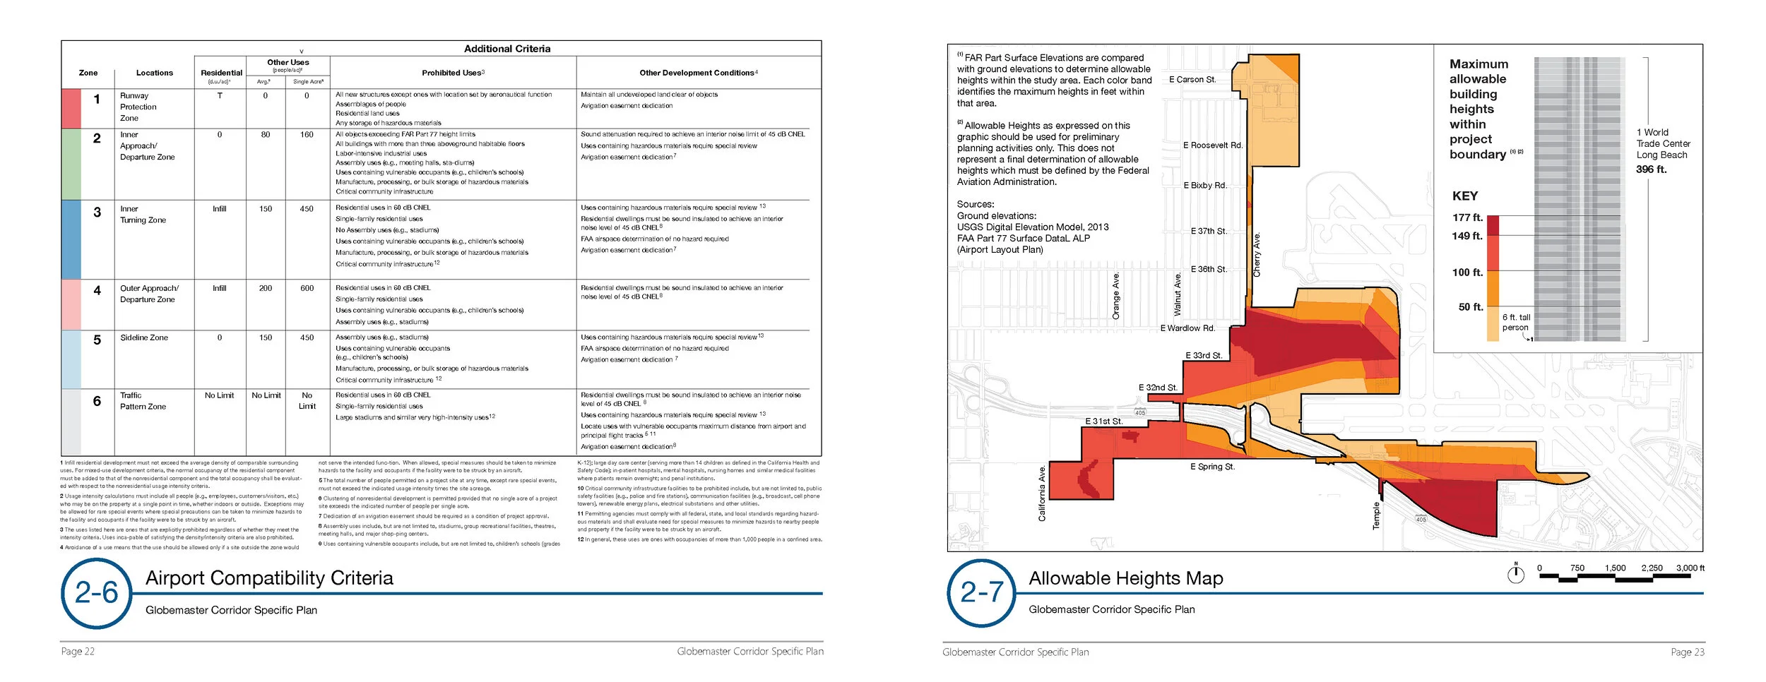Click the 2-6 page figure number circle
[x=96, y=593]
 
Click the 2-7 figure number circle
[x=982, y=592]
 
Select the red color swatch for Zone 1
[x=71, y=108]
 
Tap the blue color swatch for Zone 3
[x=71, y=239]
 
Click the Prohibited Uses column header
[x=453, y=73]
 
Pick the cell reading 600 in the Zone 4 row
[x=307, y=288]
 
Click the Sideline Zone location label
[x=144, y=337]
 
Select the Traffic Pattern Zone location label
[x=143, y=401]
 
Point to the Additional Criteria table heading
[x=507, y=49]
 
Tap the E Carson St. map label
[x=1192, y=80]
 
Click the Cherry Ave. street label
[x=1257, y=254]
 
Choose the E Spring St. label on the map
[x=1212, y=467]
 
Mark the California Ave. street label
[x=1042, y=493]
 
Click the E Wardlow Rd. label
[x=1187, y=328]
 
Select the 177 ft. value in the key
[x=1467, y=217]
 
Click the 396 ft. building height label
[x=1651, y=169]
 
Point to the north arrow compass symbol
[x=1516, y=574]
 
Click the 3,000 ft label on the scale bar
[x=1690, y=568]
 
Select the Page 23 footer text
[x=1687, y=652]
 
